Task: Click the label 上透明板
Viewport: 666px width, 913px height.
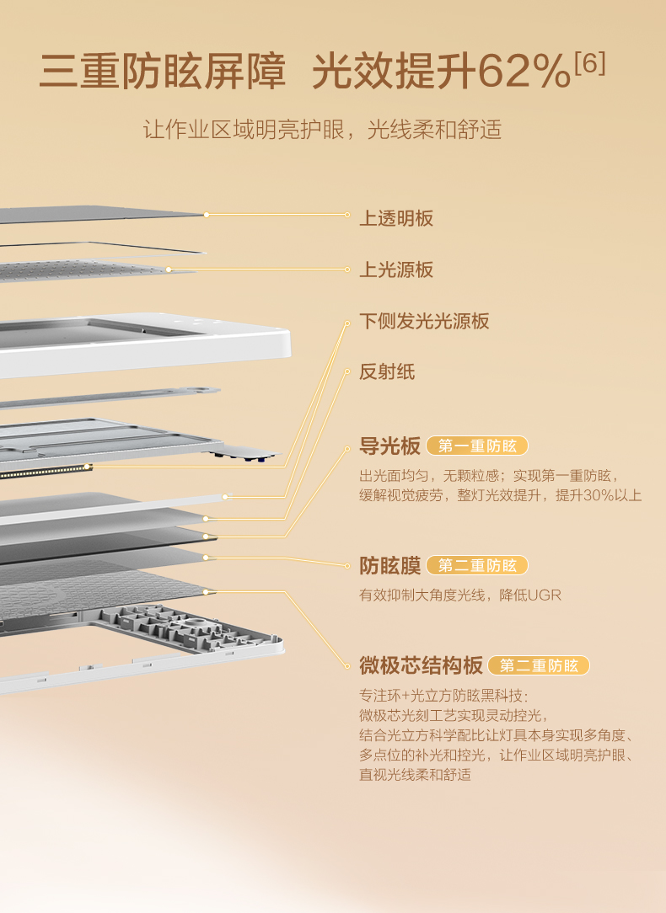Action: click(396, 219)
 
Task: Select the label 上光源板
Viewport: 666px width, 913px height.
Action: click(396, 270)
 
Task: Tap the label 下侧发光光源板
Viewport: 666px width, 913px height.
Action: click(424, 322)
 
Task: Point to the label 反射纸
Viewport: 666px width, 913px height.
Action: click(387, 372)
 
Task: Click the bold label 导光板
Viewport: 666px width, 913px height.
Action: click(389, 446)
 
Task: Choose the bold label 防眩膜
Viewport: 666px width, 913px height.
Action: click(389, 566)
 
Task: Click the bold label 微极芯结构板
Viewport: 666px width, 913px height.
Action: click(421, 666)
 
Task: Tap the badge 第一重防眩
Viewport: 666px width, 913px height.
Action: click(477, 446)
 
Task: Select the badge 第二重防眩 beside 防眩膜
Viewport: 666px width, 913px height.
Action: click(477, 566)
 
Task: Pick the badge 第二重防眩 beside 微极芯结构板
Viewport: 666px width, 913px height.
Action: click(539, 666)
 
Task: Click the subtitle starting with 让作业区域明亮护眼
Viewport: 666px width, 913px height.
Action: click(322, 130)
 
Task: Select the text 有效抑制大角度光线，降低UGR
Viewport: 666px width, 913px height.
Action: click(460, 595)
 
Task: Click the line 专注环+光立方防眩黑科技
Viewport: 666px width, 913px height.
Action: click(443, 697)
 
